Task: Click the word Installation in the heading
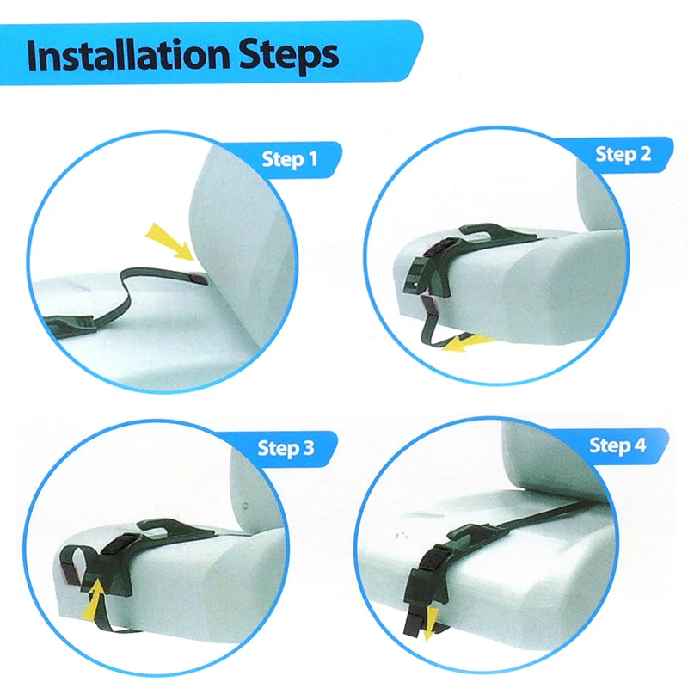point(128,55)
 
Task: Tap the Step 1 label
point(290,159)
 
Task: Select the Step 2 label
point(623,154)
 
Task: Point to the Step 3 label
point(286,448)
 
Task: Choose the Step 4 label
point(617,445)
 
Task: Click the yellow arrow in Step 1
point(169,241)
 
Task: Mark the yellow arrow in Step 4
point(430,623)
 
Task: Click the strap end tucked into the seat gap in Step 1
point(200,278)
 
